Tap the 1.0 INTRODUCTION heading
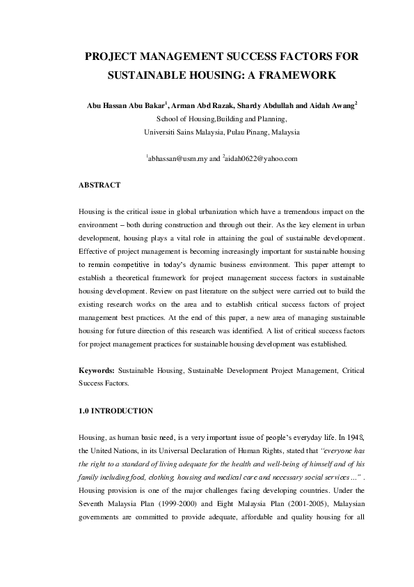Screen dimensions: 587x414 tap(116, 411)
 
